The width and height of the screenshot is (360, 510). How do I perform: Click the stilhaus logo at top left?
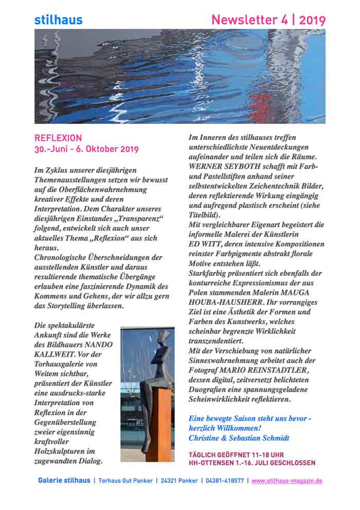coord(58,20)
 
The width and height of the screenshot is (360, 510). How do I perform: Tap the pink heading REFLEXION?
coord(58,138)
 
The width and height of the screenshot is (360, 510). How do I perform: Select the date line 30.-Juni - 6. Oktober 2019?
coord(86,150)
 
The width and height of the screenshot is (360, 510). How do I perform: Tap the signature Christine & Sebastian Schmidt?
coord(239,438)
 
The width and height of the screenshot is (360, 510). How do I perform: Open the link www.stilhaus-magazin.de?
coord(287,481)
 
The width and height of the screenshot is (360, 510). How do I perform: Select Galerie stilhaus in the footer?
coord(63,481)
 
